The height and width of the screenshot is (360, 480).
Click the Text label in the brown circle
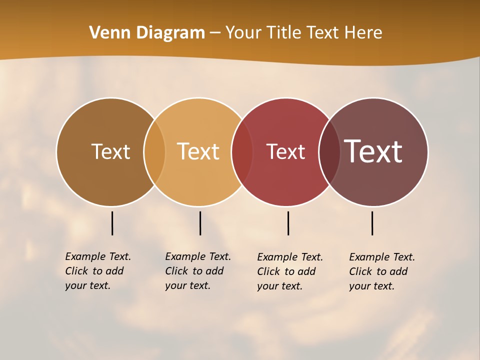pyautogui.click(x=110, y=151)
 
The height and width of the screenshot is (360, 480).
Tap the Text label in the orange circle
pyautogui.click(x=198, y=151)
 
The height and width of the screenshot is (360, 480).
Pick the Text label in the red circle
pyautogui.click(x=285, y=151)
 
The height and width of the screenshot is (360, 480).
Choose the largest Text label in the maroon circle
pyautogui.click(x=373, y=151)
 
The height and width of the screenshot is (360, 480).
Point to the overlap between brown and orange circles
pyautogui.click(x=154, y=152)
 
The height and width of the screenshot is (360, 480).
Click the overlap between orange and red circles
pyautogui.click(x=242, y=152)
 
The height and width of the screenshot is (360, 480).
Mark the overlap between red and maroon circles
pyautogui.click(x=329, y=152)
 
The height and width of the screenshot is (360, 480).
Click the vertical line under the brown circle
pyautogui.click(x=112, y=223)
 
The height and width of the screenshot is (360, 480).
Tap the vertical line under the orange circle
pyautogui.click(x=200, y=223)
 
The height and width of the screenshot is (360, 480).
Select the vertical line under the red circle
pyautogui.click(x=288, y=223)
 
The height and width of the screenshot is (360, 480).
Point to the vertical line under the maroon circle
pyautogui.click(x=372, y=223)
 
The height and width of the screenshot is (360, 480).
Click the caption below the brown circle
pyautogui.click(x=97, y=271)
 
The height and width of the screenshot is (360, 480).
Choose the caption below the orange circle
pyautogui.click(x=197, y=271)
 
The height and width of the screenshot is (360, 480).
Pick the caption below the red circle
pyautogui.click(x=289, y=271)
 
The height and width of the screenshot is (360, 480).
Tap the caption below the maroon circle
pyautogui.click(x=381, y=271)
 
